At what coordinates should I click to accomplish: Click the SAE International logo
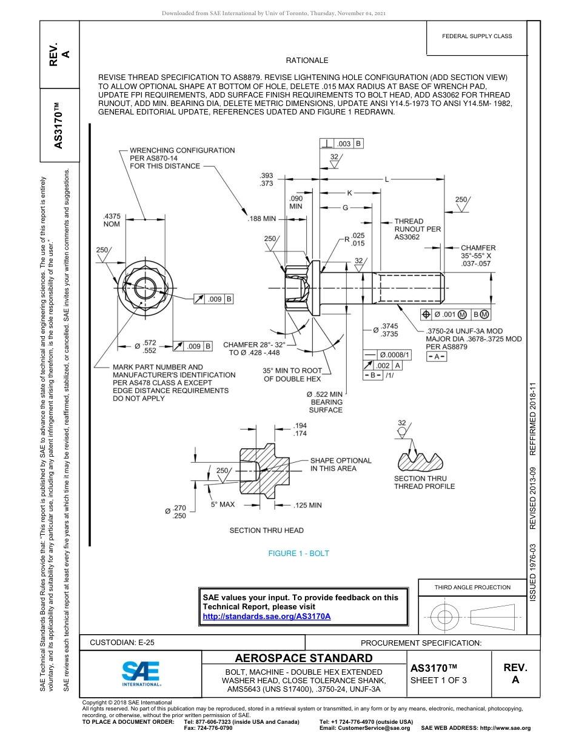point(141,672)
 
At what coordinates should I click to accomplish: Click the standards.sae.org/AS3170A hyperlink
point(266,616)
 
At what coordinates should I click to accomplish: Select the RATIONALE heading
point(307,61)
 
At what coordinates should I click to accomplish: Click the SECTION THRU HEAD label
point(266,531)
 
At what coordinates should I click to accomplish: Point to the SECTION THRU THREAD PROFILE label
point(424,482)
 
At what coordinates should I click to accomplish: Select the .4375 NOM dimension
point(112,219)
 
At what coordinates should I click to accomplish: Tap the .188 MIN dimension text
point(261,219)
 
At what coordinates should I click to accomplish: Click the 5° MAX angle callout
point(223,504)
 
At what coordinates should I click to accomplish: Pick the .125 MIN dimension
point(307,505)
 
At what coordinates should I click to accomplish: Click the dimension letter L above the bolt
point(386,179)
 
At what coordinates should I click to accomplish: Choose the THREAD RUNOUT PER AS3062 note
point(418,230)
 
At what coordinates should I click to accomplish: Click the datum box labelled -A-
point(437,357)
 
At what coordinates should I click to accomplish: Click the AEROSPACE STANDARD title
point(304,658)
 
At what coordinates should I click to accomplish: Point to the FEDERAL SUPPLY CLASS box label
point(477,36)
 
